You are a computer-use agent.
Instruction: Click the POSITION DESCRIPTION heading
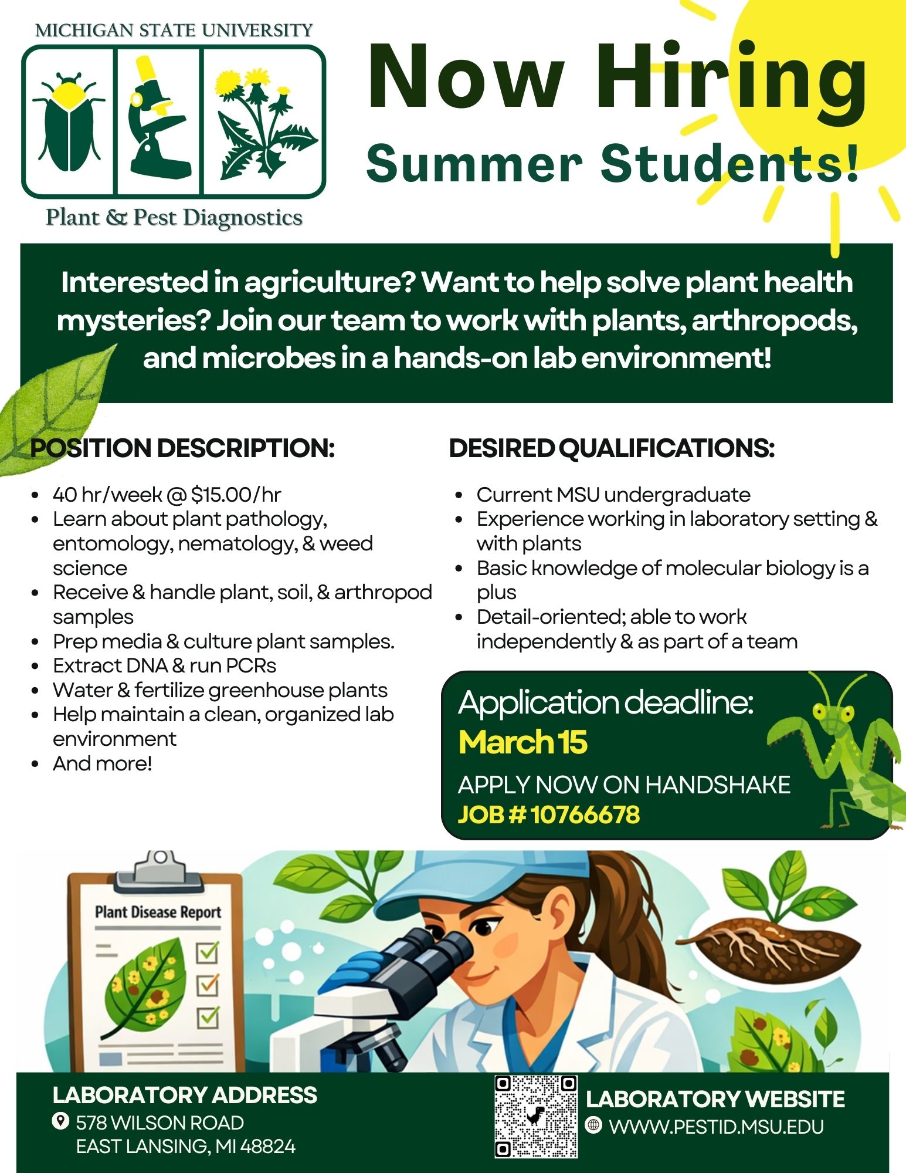click(x=182, y=448)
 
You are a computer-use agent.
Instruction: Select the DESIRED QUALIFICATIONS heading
click(x=612, y=448)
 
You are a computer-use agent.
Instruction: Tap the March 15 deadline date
click(x=522, y=742)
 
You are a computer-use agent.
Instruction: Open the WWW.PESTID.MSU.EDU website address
click(x=716, y=1127)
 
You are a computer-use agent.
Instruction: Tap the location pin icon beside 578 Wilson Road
click(x=60, y=1121)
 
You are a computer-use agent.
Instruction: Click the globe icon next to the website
click(x=593, y=1125)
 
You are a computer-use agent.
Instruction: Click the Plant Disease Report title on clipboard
click(x=158, y=912)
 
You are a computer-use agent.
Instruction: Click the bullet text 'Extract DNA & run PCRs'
click(x=164, y=665)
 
